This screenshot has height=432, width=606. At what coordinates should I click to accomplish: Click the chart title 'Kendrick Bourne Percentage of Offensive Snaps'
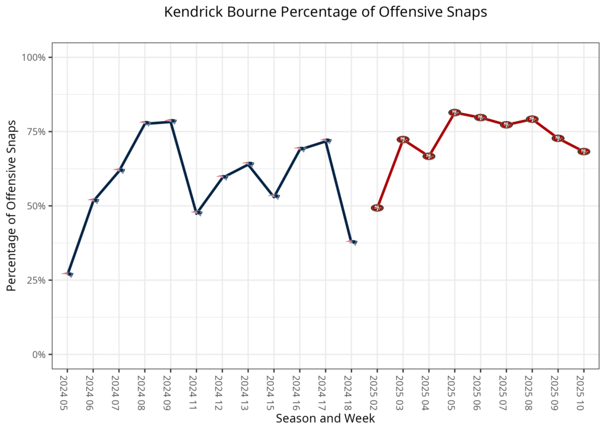tap(325, 12)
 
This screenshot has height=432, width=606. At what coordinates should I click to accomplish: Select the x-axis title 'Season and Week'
tap(325, 418)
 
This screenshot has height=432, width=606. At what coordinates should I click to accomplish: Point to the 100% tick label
tap(34, 57)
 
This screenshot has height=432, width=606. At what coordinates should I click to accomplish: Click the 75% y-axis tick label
tap(36, 132)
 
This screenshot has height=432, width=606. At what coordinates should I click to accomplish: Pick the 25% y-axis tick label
tap(36, 280)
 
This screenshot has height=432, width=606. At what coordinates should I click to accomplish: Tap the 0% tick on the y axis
tap(38, 355)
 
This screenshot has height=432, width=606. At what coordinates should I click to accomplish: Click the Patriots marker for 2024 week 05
tap(67, 274)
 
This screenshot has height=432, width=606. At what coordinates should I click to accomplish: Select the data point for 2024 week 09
tap(170, 121)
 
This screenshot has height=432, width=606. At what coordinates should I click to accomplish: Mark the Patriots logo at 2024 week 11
tap(196, 212)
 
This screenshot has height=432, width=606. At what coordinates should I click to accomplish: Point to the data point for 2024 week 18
tap(352, 242)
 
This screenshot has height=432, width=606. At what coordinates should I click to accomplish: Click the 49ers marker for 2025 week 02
tap(377, 208)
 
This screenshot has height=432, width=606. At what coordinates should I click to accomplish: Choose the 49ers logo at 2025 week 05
tap(454, 112)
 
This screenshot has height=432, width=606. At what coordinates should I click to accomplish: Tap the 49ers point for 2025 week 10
tap(584, 152)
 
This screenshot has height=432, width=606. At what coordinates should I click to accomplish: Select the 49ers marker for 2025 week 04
tap(428, 156)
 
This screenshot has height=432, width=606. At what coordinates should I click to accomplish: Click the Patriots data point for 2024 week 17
tap(325, 141)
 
